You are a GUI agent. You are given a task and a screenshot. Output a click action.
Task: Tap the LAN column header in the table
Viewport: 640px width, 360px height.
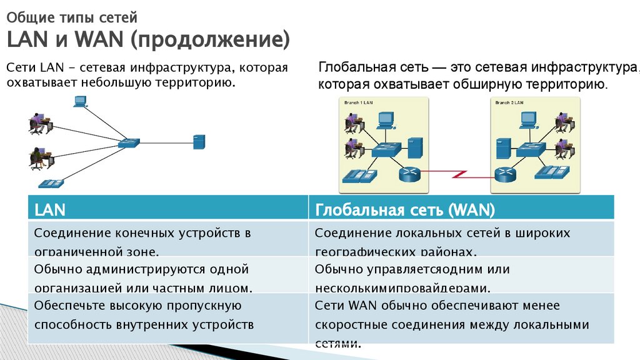pyautogui.click(x=50, y=209)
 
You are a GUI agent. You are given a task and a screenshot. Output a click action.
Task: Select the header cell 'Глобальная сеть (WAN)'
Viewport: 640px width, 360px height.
pyautogui.click(x=405, y=209)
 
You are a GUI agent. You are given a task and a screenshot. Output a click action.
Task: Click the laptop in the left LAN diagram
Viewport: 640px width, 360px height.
pyautogui.click(x=80, y=101)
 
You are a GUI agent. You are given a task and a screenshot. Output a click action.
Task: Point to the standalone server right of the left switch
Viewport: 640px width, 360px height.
pyautogui.click(x=199, y=141)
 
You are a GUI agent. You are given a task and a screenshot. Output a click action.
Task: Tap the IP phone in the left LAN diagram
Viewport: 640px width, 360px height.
pyautogui.click(x=51, y=183)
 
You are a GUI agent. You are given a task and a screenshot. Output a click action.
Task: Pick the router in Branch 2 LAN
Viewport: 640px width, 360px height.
pyautogui.click(x=504, y=174)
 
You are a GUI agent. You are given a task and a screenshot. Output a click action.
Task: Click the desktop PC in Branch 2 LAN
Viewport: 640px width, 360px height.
pyautogui.click(x=529, y=119)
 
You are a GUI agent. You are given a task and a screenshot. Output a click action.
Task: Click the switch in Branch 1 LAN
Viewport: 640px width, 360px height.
pyautogui.click(x=386, y=149)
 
